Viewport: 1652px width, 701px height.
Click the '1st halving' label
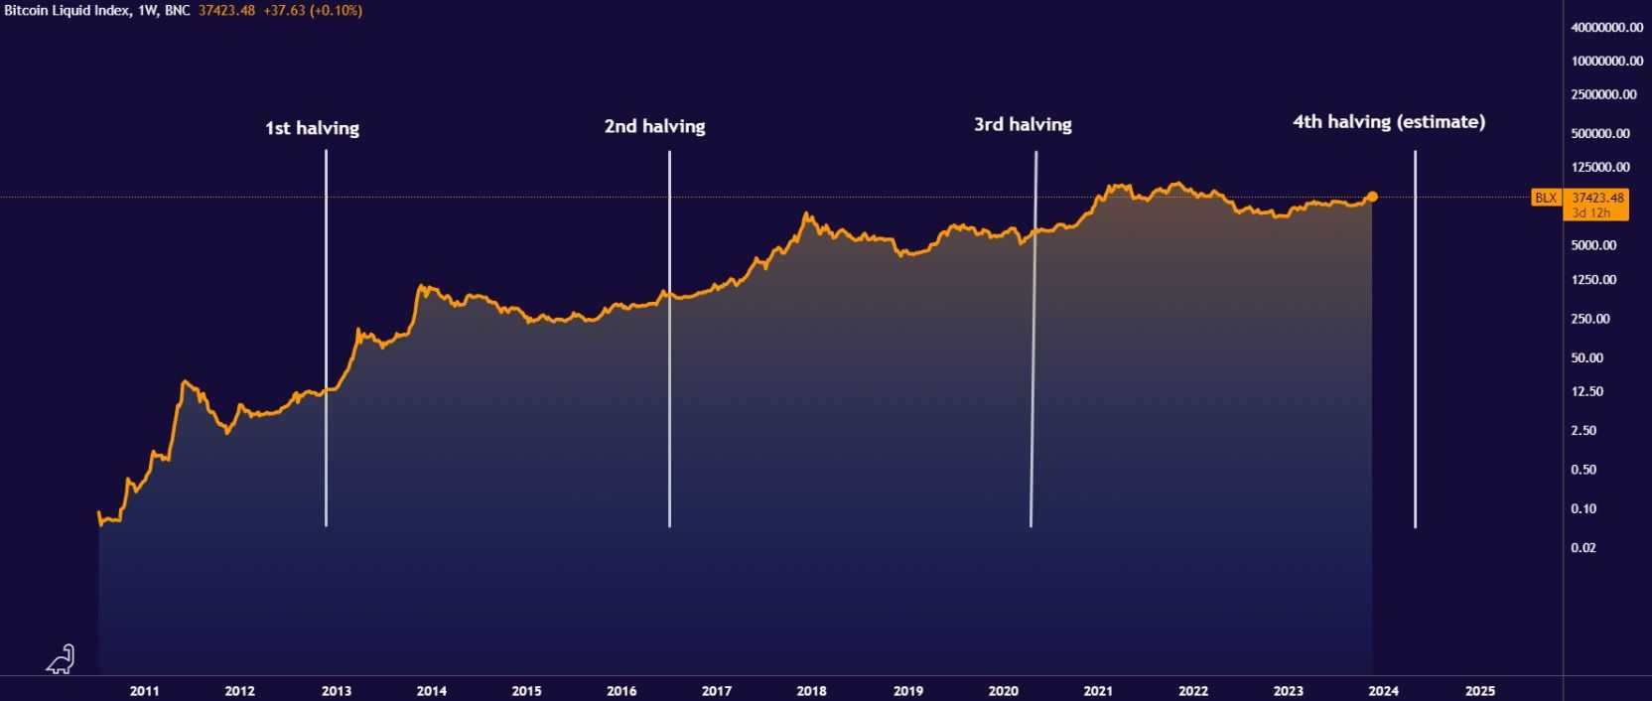[312, 128]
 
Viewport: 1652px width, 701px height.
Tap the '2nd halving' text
[654, 126]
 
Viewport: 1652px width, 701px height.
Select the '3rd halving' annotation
[1023, 124]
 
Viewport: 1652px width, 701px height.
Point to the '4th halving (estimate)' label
[1388, 122]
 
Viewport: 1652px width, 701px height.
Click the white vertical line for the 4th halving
[1415, 338]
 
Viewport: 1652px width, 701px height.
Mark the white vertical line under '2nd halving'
[669, 338]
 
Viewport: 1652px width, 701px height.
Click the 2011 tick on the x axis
[144, 691]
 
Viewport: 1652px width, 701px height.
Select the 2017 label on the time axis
[716, 691]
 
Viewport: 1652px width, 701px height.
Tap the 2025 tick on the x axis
[1479, 691]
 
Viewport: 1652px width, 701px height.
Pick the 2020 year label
[1003, 691]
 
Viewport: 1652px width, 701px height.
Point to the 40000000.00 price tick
[1606, 28]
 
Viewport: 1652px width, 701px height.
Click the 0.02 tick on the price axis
[1583, 547]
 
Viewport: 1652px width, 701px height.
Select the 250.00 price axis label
[1590, 319]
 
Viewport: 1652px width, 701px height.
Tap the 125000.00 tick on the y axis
[1600, 167]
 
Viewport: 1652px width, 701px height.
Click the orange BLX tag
[1546, 198]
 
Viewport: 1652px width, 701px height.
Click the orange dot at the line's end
[1372, 197]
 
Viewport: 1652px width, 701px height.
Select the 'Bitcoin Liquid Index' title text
[66, 10]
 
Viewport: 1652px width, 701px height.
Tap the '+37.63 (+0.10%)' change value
[312, 10]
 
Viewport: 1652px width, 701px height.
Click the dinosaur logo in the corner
[61, 659]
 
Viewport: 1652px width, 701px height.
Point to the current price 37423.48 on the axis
[1597, 198]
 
